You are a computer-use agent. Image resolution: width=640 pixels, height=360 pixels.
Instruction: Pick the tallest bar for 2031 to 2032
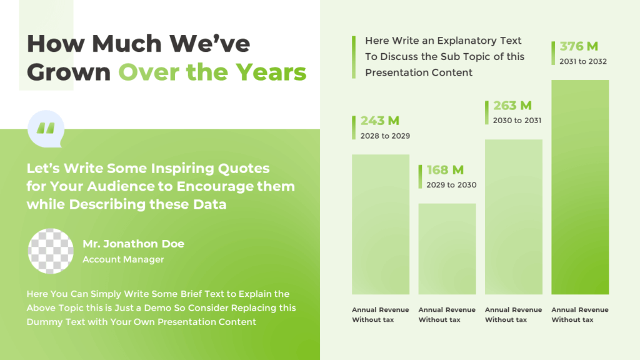tap(580, 187)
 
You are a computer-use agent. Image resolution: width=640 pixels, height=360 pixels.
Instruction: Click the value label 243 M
tap(379, 121)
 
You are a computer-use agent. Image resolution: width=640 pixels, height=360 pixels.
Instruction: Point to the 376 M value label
tap(579, 46)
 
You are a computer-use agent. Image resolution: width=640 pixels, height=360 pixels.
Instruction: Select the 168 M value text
tap(445, 170)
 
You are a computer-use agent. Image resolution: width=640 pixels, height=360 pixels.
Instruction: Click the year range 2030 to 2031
tap(517, 120)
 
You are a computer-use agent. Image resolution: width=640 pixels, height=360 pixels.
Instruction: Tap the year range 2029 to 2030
tap(451, 185)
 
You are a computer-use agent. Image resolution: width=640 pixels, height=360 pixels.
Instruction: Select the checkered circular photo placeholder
tap(51, 251)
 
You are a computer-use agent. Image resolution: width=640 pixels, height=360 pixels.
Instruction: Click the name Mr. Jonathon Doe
tap(133, 244)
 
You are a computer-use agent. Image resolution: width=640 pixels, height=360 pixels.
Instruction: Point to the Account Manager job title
tap(123, 259)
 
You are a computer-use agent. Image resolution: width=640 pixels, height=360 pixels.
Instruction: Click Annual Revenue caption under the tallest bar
tap(579, 310)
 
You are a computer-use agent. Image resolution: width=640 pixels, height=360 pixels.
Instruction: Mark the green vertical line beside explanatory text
tap(354, 57)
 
